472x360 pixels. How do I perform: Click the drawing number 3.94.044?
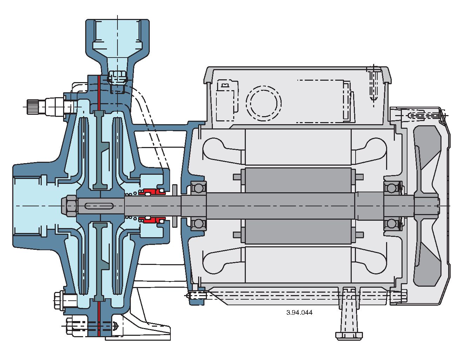tap(299, 312)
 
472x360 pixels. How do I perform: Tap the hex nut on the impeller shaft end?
tap(69, 205)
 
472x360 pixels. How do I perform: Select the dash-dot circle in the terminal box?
tap(264, 102)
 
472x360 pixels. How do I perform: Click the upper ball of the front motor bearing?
tap(198, 188)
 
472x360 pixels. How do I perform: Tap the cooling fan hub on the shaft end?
tap(426, 205)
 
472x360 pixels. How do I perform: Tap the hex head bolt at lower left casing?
tap(59, 301)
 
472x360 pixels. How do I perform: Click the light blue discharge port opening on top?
tap(117, 35)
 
